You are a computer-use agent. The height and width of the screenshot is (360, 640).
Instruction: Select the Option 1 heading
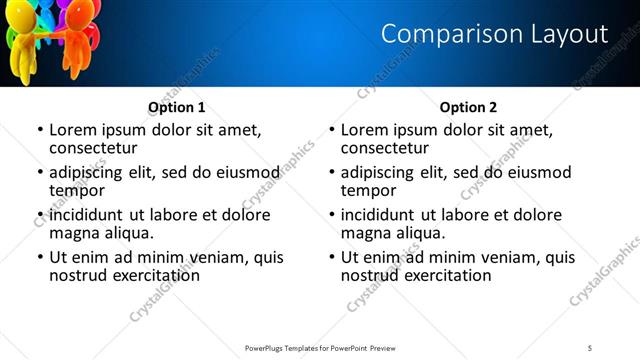(177, 107)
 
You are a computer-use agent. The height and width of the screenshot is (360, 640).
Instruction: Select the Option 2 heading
(468, 107)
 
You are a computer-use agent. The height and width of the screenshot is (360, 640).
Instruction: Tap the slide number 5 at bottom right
(590, 347)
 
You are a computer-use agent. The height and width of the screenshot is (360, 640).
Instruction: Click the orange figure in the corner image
(79, 40)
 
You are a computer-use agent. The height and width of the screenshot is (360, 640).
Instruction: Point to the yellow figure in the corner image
(22, 50)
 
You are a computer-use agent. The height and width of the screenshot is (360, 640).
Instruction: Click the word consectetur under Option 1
(93, 148)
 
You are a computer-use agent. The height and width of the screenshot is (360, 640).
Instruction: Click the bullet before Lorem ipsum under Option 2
(332, 131)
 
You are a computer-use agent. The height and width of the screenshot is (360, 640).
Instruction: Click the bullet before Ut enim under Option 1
(40, 258)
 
